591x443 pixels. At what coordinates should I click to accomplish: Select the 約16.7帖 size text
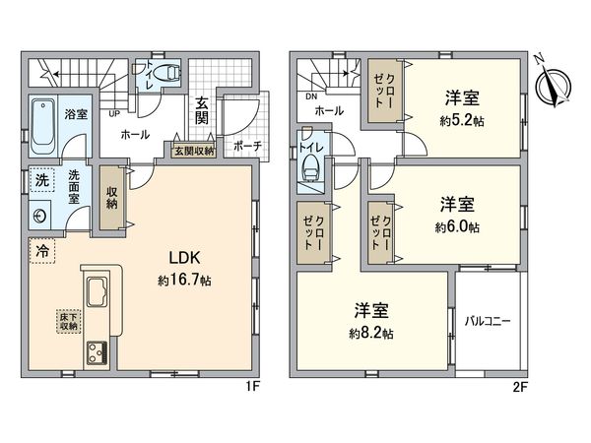(x=184, y=281)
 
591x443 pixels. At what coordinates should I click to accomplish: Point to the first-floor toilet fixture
(x=168, y=73)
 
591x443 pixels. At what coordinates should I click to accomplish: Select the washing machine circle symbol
(x=40, y=215)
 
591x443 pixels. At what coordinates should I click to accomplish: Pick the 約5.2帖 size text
(x=463, y=121)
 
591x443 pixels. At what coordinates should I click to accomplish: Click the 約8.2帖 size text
(x=373, y=333)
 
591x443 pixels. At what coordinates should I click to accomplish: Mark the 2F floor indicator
(x=522, y=387)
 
